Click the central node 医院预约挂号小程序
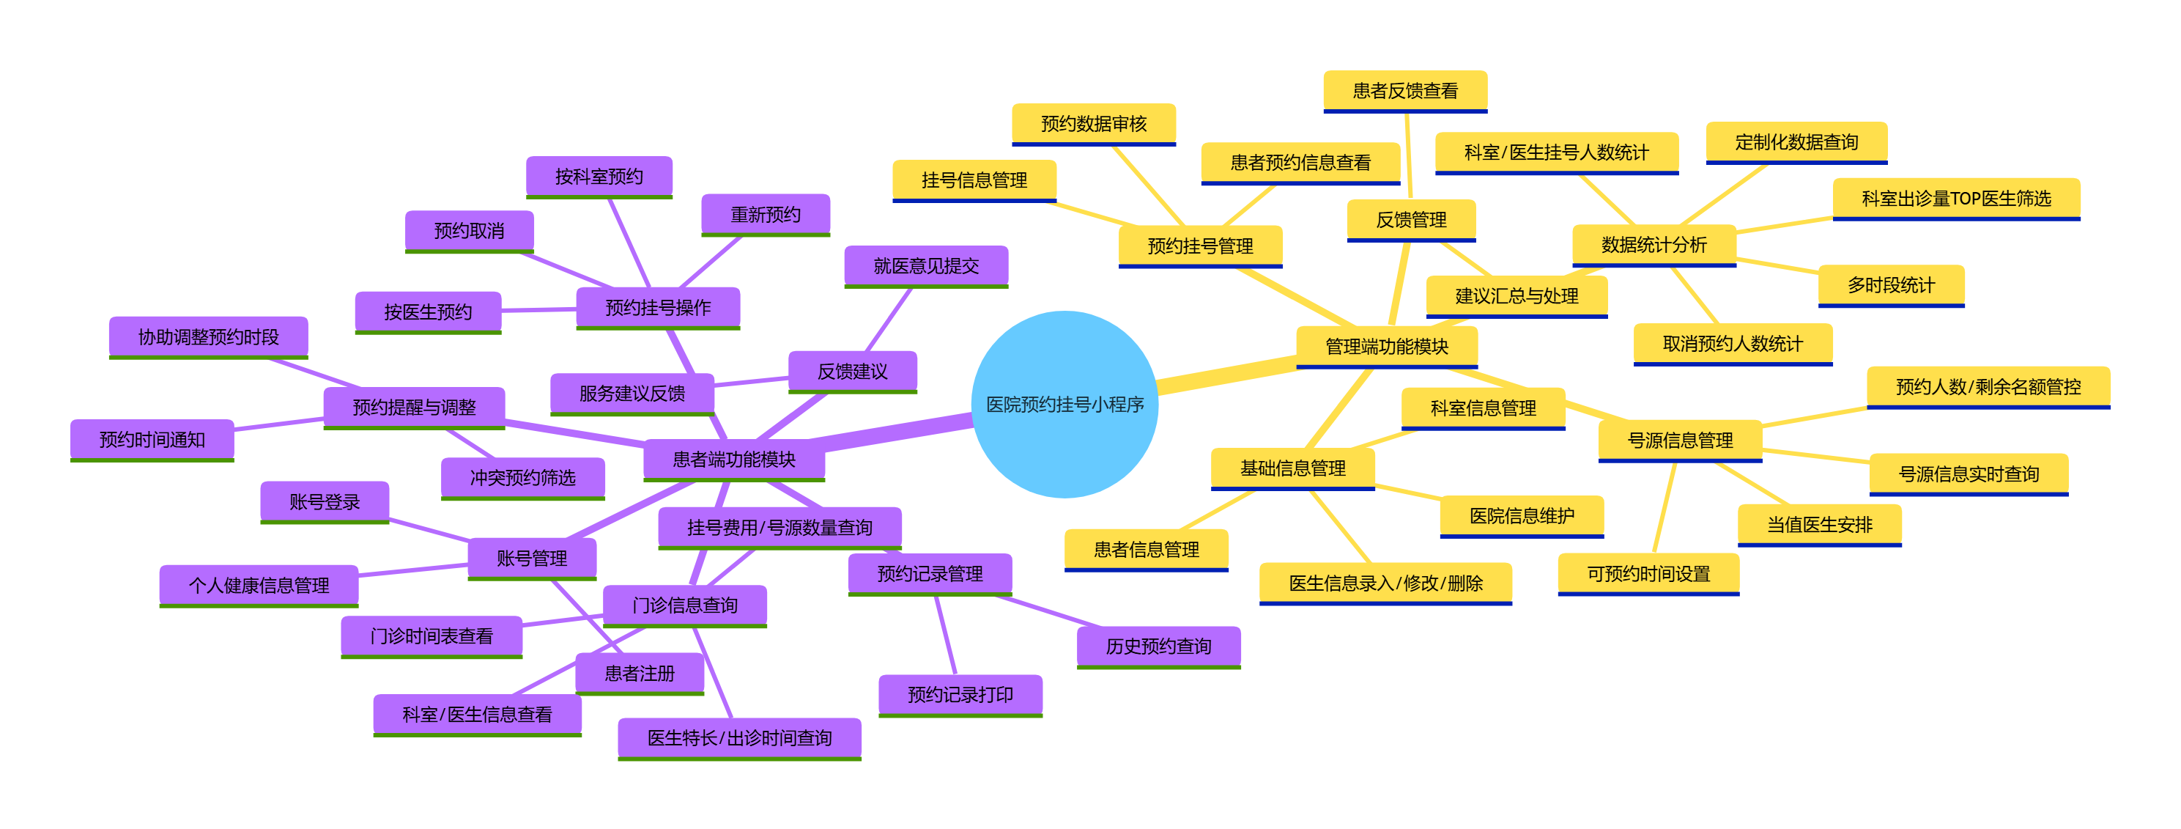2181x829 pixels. [x=1064, y=404]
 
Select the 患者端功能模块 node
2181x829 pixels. [x=733, y=459]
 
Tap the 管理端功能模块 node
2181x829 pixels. [x=1386, y=345]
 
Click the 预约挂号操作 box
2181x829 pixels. [x=658, y=307]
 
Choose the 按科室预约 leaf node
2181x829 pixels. [x=599, y=176]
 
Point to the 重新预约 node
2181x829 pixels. [x=766, y=214]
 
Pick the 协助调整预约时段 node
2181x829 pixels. [x=208, y=337]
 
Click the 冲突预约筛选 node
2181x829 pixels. [x=522, y=478]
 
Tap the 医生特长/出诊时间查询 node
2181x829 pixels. [x=739, y=737]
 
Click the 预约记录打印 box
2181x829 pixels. [x=960, y=694]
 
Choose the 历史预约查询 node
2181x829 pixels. [x=1158, y=646]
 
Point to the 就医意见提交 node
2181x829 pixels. [x=925, y=266]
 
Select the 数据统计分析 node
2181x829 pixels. [x=1654, y=245]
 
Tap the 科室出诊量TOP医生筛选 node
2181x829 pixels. [x=1956, y=198]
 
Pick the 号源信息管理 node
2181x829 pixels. [x=1680, y=441]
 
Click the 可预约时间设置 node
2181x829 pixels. [x=1648, y=573]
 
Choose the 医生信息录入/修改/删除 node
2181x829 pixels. [x=1385, y=583]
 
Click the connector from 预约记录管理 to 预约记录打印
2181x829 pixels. [x=946, y=635]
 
